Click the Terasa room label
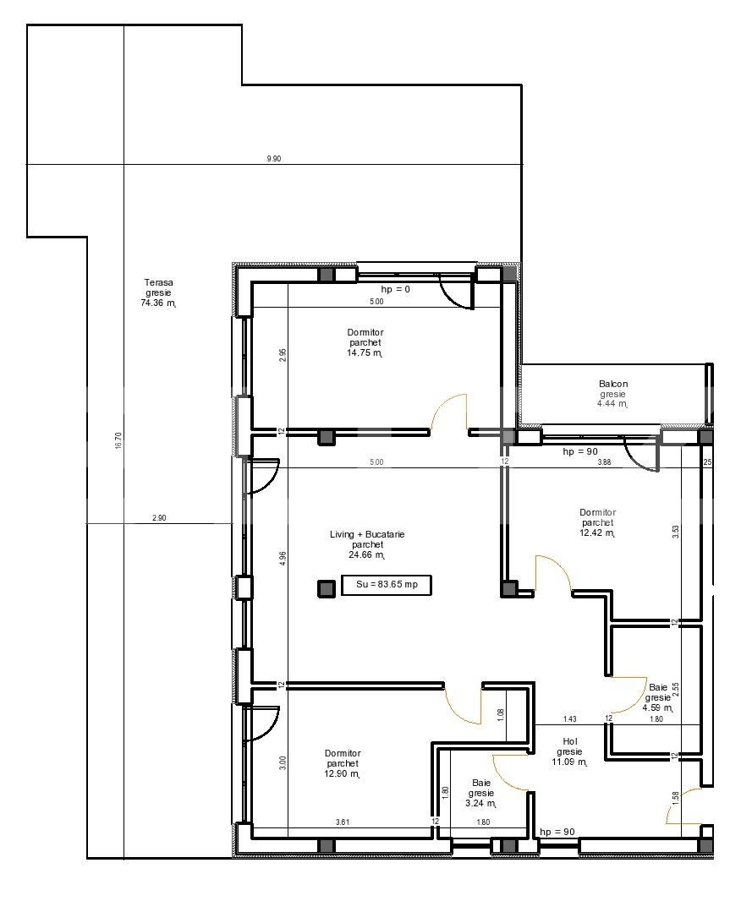[158, 282]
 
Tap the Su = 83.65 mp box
[386, 585]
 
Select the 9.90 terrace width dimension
[273, 158]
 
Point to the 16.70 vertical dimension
[118, 440]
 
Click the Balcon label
[613, 384]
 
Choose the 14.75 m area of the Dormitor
[365, 352]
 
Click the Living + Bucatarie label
[367, 534]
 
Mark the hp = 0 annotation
[396, 289]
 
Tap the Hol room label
[570, 741]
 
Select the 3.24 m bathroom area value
[480, 804]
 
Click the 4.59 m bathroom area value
[658, 708]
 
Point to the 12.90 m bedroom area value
[343, 774]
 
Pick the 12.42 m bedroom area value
[597, 532]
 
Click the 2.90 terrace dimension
[159, 517]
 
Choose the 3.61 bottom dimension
[343, 822]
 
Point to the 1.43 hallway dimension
[570, 719]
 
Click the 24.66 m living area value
[367, 554]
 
